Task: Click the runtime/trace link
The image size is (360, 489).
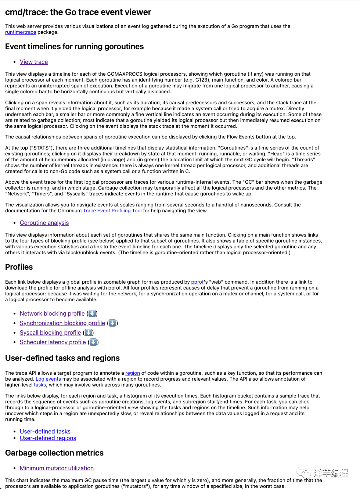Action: click(x=21, y=32)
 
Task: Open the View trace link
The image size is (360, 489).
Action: click(x=34, y=62)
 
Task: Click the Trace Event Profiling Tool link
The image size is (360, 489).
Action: click(x=112, y=211)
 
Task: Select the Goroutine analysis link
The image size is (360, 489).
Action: click(x=44, y=223)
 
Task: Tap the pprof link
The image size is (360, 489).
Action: click(x=197, y=282)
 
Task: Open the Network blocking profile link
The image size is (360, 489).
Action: click(x=52, y=314)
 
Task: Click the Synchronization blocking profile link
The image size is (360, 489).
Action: click(x=62, y=323)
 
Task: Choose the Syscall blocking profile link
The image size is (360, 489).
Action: click(x=50, y=333)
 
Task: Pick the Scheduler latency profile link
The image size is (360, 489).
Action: click(x=53, y=342)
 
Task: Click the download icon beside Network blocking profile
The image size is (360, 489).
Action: click(x=92, y=314)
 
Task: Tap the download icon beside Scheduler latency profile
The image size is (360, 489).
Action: click(x=93, y=342)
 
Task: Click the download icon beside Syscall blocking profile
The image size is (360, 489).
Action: click(x=89, y=333)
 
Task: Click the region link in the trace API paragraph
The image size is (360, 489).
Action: click(x=133, y=373)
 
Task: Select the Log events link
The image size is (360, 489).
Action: click(x=48, y=379)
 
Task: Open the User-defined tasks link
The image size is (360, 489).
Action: click(x=45, y=432)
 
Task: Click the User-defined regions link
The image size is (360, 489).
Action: click(x=48, y=438)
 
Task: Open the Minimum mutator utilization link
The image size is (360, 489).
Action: click(x=57, y=468)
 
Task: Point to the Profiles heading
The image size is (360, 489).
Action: click(x=19, y=267)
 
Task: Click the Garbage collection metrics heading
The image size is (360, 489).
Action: click(x=54, y=453)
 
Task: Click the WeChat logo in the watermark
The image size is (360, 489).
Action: click(x=303, y=473)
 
